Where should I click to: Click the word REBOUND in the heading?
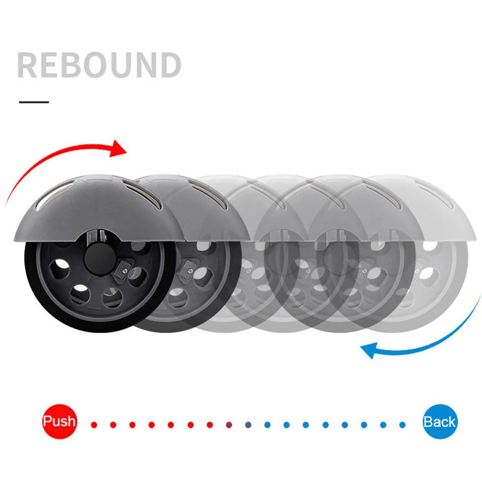(x=99, y=65)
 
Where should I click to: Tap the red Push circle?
(x=59, y=421)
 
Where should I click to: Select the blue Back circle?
(x=440, y=422)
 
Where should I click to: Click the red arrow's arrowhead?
(x=118, y=149)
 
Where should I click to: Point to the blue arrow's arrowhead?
(x=369, y=350)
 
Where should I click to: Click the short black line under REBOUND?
(x=34, y=102)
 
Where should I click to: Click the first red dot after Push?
(x=94, y=425)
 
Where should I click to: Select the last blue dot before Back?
(x=402, y=425)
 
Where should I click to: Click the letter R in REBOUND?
(x=27, y=65)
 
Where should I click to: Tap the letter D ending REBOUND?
(x=170, y=65)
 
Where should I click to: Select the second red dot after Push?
(x=113, y=425)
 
